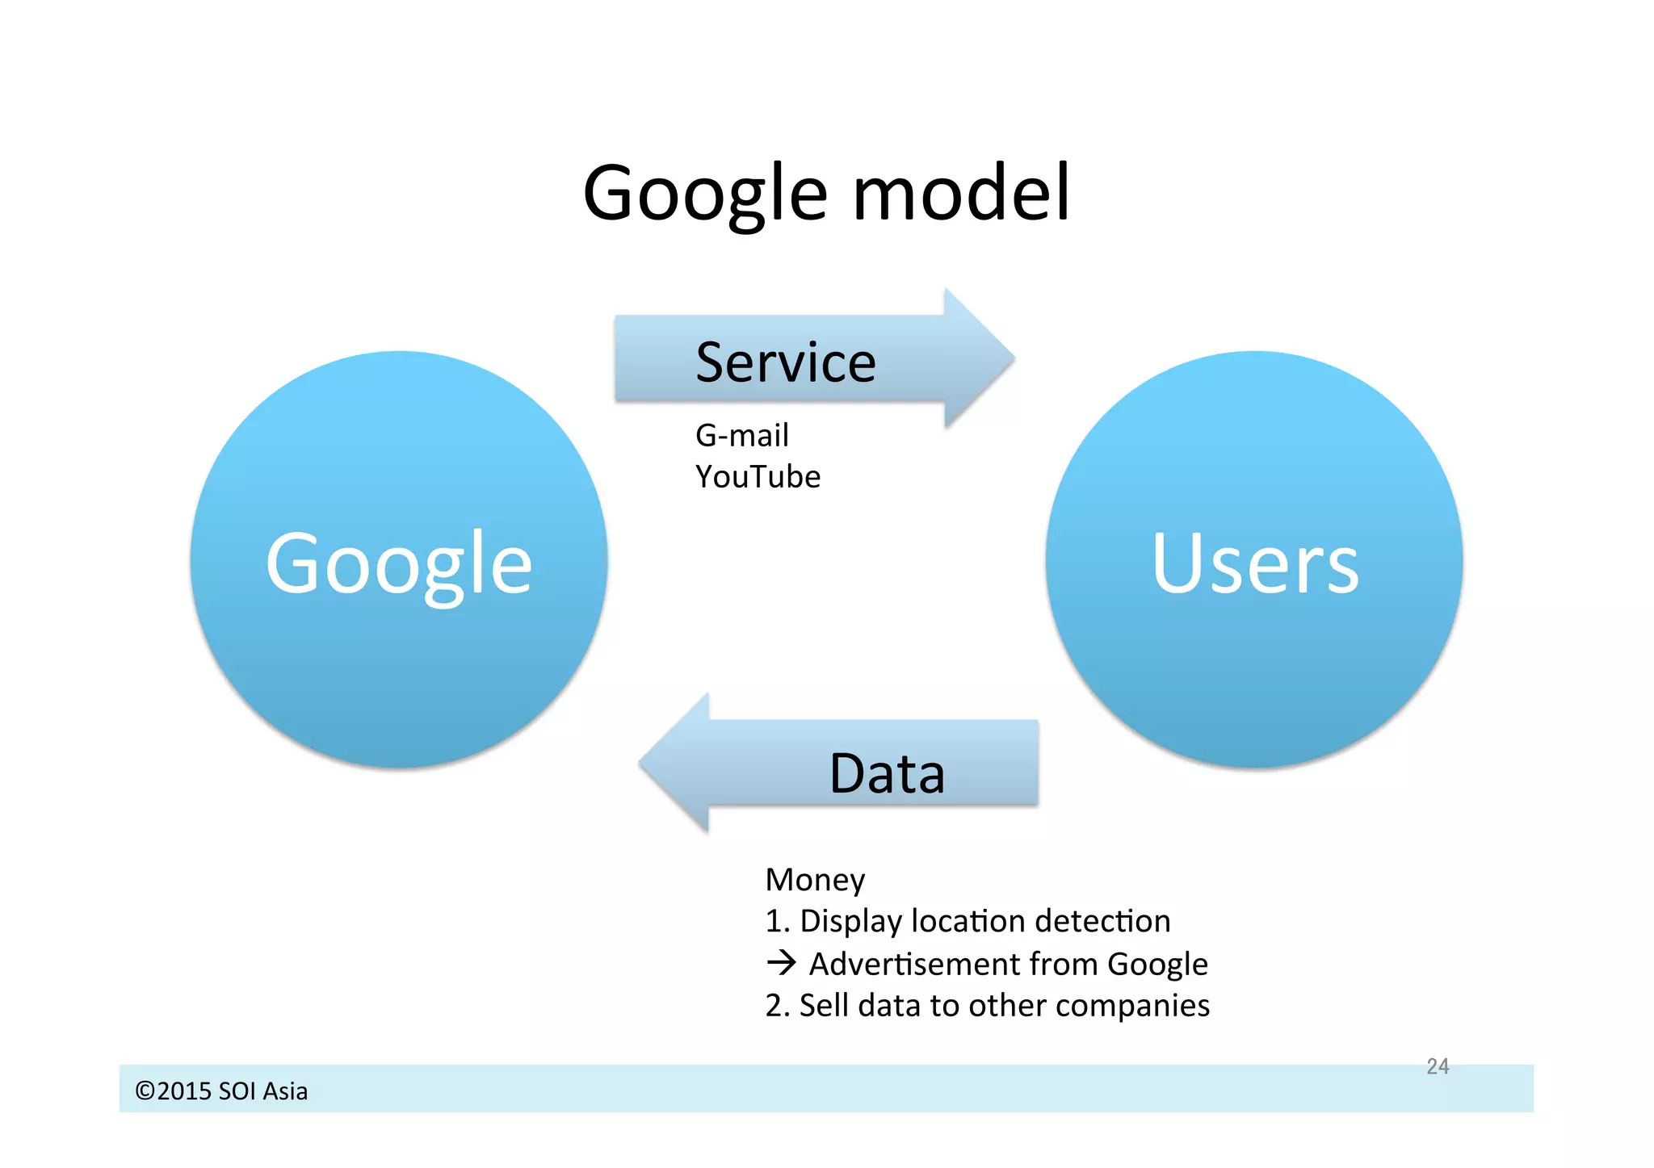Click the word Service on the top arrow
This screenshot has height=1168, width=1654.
click(786, 362)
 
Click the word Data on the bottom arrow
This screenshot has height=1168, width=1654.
click(887, 773)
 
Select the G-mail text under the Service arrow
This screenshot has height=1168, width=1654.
click(741, 436)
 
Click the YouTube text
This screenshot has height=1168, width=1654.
click(758, 477)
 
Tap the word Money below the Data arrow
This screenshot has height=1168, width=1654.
click(814, 880)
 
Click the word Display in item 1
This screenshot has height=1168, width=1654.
click(850, 922)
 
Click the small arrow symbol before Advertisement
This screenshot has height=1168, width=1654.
click(781, 963)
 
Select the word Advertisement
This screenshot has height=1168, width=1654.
click(914, 964)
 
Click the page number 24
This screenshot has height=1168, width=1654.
click(1438, 1066)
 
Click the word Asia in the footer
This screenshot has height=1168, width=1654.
click(285, 1091)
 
